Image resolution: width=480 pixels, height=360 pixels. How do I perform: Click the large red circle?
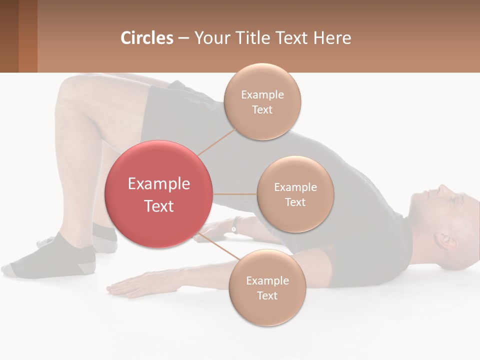point(158,194)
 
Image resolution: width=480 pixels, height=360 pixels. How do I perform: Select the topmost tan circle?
point(262,101)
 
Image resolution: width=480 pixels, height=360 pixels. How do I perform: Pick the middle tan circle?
point(295,194)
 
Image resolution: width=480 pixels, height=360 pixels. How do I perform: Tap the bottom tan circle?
point(267,287)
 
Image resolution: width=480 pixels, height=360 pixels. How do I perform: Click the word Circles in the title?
point(146,37)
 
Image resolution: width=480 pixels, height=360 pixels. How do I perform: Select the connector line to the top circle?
point(217,141)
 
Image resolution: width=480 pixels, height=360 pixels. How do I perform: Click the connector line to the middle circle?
point(235,194)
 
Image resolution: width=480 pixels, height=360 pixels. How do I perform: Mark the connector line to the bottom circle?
point(220,246)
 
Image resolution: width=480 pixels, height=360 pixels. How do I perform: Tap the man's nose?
point(443,189)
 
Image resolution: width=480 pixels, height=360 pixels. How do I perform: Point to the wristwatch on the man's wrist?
point(234,226)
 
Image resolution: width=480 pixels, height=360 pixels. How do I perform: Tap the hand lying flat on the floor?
point(130,286)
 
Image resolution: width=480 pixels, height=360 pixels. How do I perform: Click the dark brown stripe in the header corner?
point(9,36)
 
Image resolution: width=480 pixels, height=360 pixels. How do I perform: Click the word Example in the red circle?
point(158,183)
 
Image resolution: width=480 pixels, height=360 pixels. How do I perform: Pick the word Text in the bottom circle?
point(267,295)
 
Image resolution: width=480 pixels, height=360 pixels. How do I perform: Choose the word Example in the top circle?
point(262,94)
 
